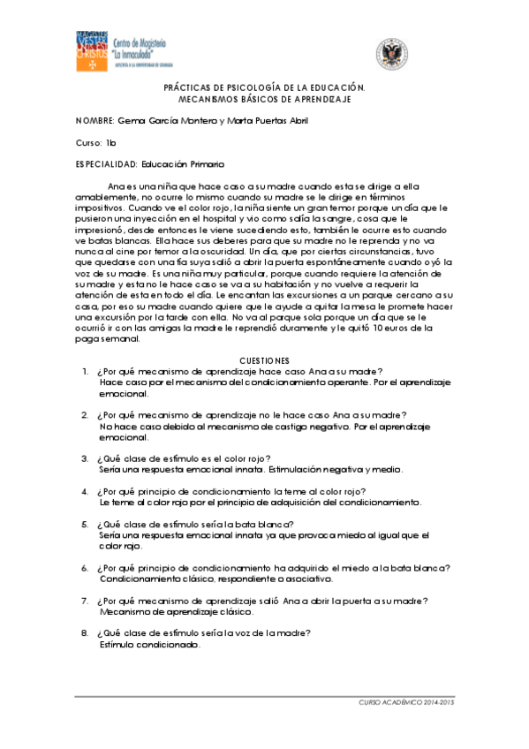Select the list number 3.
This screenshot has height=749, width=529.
tap(85, 458)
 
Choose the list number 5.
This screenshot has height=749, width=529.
tap(85, 524)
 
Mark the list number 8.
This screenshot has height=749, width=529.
tap(85, 632)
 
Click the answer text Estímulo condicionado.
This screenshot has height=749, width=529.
tap(149, 644)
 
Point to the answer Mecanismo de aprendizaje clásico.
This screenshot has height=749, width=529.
tap(177, 611)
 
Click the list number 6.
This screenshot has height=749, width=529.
tap(85, 568)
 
